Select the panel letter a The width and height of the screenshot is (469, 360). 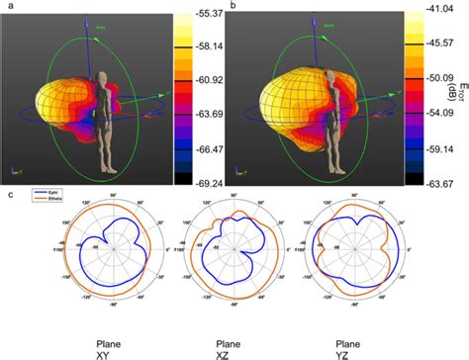(x=8, y=6)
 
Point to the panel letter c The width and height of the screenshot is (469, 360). (x=8, y=195)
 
